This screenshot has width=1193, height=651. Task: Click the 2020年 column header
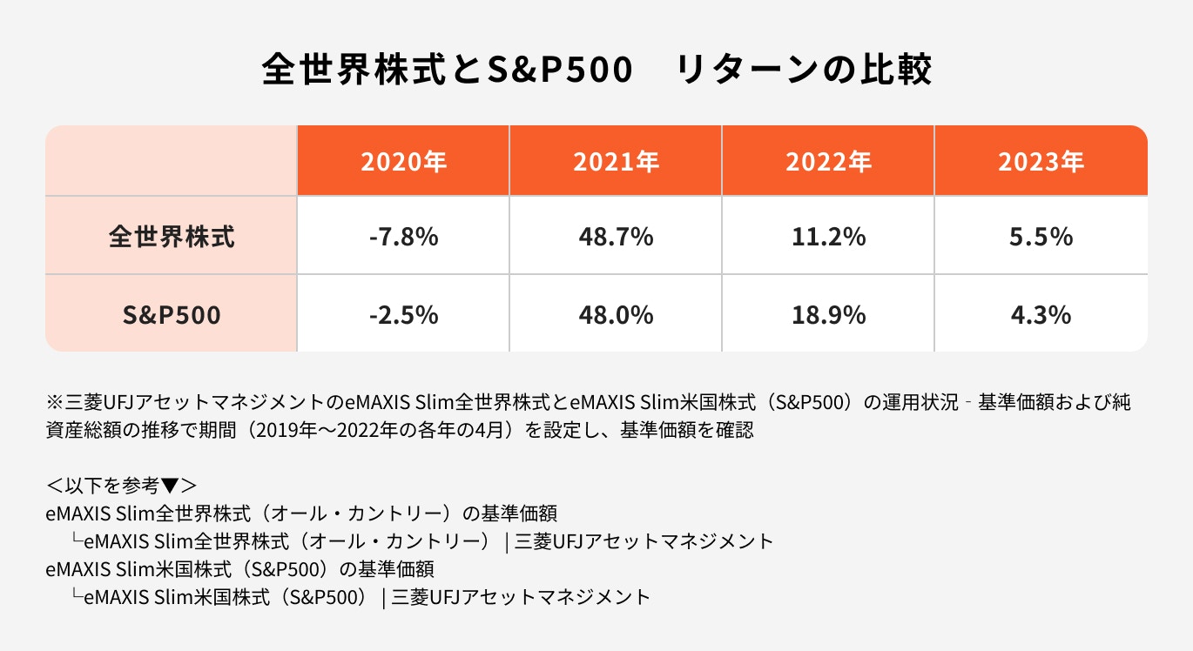tap(403, 162)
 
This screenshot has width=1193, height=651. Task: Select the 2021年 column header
tap(616, 162)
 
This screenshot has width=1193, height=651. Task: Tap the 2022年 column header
tap(828, 162)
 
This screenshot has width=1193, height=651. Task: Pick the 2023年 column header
tap(1041, 162)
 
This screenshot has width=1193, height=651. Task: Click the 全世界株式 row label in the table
tap(172, 237)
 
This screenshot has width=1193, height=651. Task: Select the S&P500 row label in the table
tap(172, 314)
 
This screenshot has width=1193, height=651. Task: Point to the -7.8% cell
tap(403, 237)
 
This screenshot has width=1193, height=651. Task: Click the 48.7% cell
tap(616, 237)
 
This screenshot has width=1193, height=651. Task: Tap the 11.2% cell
tap(828, 237)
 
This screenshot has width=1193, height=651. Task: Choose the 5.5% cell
tap(1041, 237)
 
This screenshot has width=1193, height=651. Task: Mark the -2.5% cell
tap(403, 314)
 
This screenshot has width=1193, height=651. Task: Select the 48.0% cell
tap(616, 314)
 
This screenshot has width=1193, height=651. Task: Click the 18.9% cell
tap(828, 314)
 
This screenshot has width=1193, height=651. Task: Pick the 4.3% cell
tap(1041, 314)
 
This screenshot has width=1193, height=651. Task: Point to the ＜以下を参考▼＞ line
tap(122, 484)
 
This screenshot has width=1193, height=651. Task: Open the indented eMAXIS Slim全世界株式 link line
tap(422, 541)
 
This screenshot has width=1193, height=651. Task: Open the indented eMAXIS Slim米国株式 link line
tap(361, 597)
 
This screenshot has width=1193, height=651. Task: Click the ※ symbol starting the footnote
tap(53, 403)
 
